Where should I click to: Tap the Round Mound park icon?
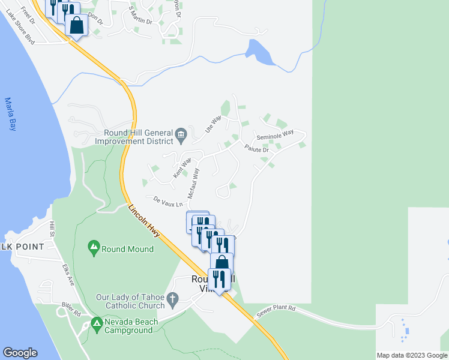(x=93, y=247)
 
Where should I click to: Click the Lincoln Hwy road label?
(x=144, y=221)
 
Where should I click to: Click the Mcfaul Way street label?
(x=193, y=184)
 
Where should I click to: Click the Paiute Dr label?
(x=259, y=148)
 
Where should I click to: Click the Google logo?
(x=20, y=353)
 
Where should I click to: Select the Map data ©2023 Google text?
(x=412, y=355)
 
